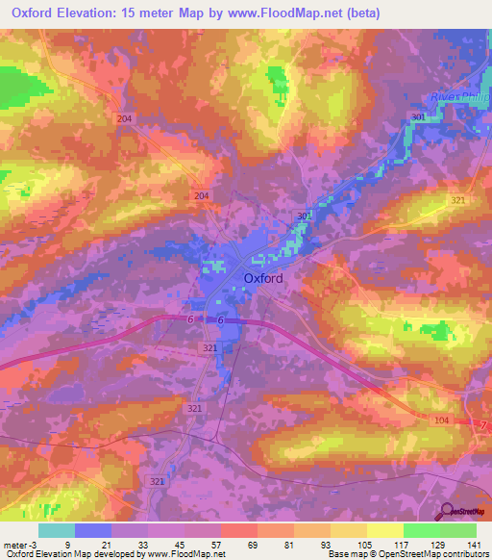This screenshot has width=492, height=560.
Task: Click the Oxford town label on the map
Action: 262,279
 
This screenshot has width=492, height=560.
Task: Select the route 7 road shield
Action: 483,425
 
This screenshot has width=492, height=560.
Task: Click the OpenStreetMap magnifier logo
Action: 449,513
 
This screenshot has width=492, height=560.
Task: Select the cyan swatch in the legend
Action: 56,530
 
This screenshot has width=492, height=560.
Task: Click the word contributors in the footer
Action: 465,554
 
